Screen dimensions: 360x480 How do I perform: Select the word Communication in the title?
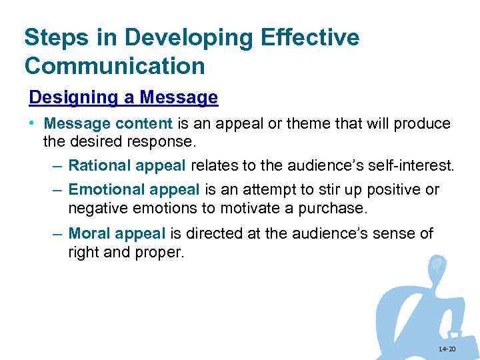[114, 67]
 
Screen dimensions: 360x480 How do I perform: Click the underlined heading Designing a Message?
[123, 98]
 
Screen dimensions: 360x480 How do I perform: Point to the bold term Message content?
[107, 124]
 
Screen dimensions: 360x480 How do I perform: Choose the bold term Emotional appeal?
[134, 190]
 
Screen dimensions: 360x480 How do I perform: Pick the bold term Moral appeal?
[117, 234]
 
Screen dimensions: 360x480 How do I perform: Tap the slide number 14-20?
[447, 349]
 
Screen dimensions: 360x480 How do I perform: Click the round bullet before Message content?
[32, 125]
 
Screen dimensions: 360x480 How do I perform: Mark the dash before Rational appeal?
[57, 165]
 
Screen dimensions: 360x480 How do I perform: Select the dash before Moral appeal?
[57, 234]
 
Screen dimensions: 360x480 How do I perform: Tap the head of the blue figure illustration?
[437, 265]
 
